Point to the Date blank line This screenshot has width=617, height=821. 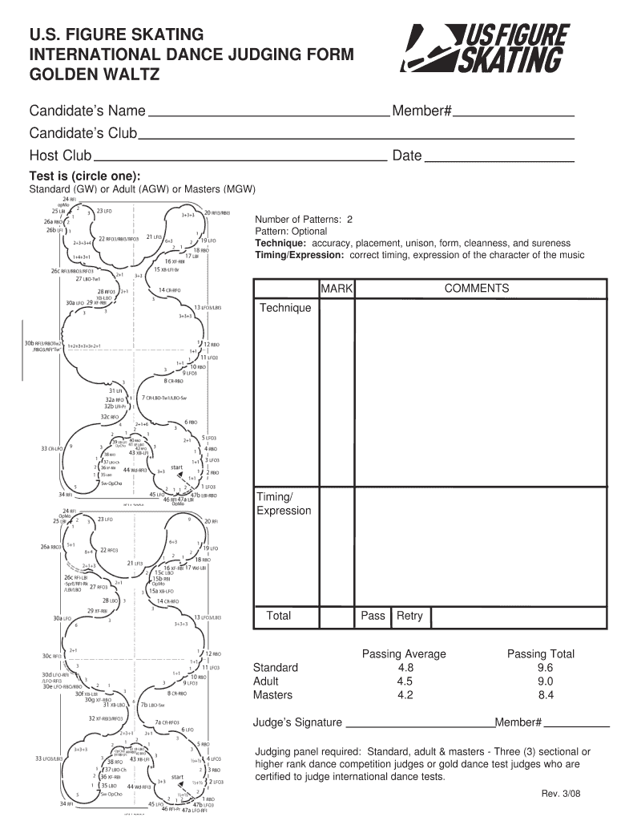(x=498, y=160)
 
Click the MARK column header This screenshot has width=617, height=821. (x=337, y=288)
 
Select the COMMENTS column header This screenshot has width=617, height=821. (x=477, y=288)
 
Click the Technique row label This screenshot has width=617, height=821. (x=284, y=308)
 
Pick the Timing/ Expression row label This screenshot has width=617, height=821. (x=284, y=504)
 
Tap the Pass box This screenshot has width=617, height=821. (x=373, y=616)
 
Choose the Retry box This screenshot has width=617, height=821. (x=409, y=616)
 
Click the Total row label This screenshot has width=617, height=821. (x=278, y=616)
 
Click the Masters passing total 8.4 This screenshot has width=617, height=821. (x=546, y=695)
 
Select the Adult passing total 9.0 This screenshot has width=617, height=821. (x=546, y=681)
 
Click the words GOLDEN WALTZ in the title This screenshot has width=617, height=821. (x=95, y=75)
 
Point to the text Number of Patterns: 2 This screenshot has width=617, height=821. (x=304, y=219)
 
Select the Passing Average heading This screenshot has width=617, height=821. (x=404, y=654)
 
